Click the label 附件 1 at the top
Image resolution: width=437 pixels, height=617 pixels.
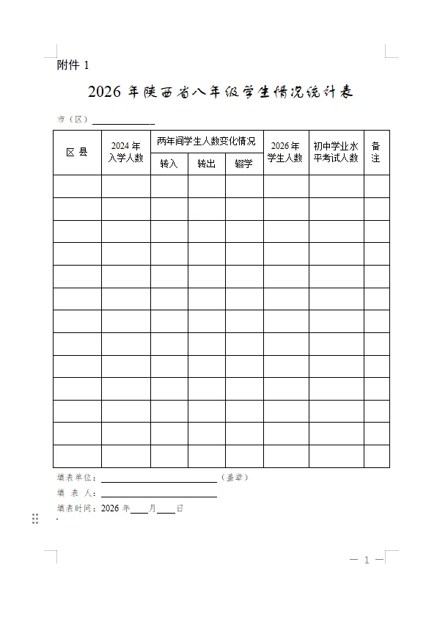tap(73, 65)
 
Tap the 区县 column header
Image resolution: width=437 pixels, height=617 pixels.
tap(77, 153)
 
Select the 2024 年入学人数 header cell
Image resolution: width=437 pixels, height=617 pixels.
tap(126, 152)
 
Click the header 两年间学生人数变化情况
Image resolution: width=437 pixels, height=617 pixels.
tap(207, 140)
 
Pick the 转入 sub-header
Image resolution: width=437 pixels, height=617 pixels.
tap(169, 164)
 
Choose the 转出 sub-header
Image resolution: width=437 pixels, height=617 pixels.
tap(207, 164)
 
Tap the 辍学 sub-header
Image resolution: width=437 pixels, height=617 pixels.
tap(244, 164)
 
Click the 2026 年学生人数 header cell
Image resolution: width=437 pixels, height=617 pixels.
tap(285, 152)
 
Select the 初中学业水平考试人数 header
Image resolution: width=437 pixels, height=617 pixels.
tap(336, 152)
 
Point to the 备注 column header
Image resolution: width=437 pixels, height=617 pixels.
tap(376, 152)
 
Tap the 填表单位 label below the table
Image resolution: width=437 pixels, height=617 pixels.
tap(76, 478)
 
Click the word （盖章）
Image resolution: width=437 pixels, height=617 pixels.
tap(235, 478)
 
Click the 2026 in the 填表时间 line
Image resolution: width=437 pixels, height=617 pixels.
tap(110, 508)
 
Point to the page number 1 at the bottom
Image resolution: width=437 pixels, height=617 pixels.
tap(367, 561)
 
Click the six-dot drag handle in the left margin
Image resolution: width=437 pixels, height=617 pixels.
tap(35, 519)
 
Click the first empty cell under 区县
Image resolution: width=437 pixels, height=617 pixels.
tap(77, 186)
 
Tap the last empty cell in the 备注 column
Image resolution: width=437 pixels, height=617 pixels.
tap(376, 456)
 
